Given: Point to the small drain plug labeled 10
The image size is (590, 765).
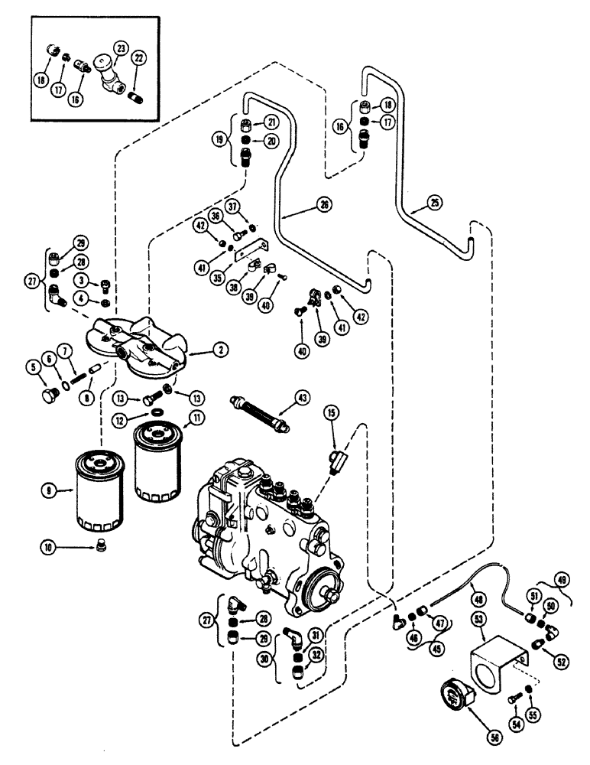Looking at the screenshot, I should [x=102, y=547].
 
